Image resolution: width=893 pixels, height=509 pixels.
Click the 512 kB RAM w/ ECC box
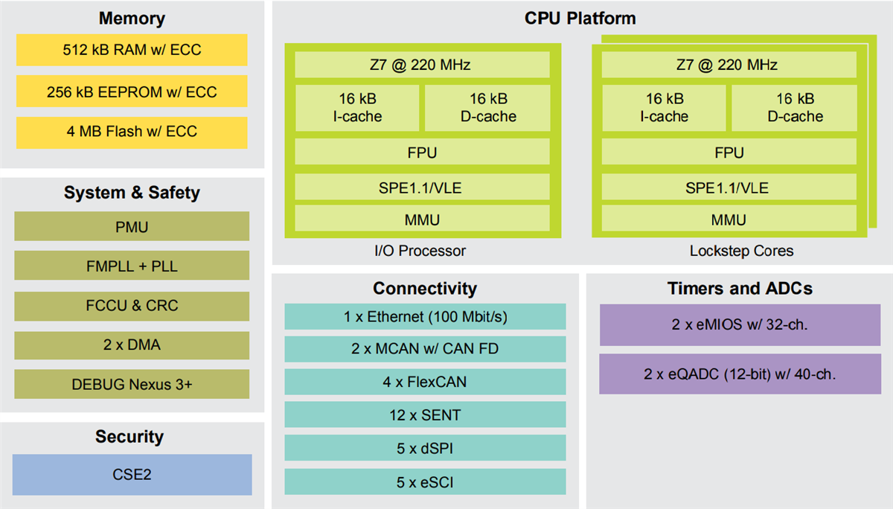tap(132, 51)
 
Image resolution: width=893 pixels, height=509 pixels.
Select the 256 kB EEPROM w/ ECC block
tap(132, 92)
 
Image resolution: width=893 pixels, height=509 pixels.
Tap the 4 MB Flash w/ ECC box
tap(132, 132)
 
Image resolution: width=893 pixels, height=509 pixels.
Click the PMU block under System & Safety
tap(132, 227)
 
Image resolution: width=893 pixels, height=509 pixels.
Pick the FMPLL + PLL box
tap(132, 266)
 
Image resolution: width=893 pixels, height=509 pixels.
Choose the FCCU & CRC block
tap(132, 305)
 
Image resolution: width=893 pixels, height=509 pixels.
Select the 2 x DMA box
tap(132, 345)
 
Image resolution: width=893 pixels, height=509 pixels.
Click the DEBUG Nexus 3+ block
tap(132, 384)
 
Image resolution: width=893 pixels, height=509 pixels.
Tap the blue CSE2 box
tap(132, 474)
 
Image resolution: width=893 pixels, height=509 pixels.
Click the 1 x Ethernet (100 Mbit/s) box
tap(425, 316)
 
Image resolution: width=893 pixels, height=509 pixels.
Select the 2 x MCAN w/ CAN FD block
tap(425, 348)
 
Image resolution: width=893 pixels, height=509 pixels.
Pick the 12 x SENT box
tap(425, 414)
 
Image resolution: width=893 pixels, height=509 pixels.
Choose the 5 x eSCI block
tap(425, 482)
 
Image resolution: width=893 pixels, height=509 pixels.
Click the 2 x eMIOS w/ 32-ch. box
tap(740, 324)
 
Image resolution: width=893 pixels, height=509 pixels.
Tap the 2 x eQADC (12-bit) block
tap(740, 374)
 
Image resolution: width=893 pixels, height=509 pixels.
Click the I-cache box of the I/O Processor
tap(357, 107)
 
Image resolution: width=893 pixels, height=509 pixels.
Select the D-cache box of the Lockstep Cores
tap(795, 107)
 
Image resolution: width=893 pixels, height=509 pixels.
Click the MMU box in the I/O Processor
tap(421, 220)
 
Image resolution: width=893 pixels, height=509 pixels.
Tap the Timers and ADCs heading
tap(740, 289)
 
